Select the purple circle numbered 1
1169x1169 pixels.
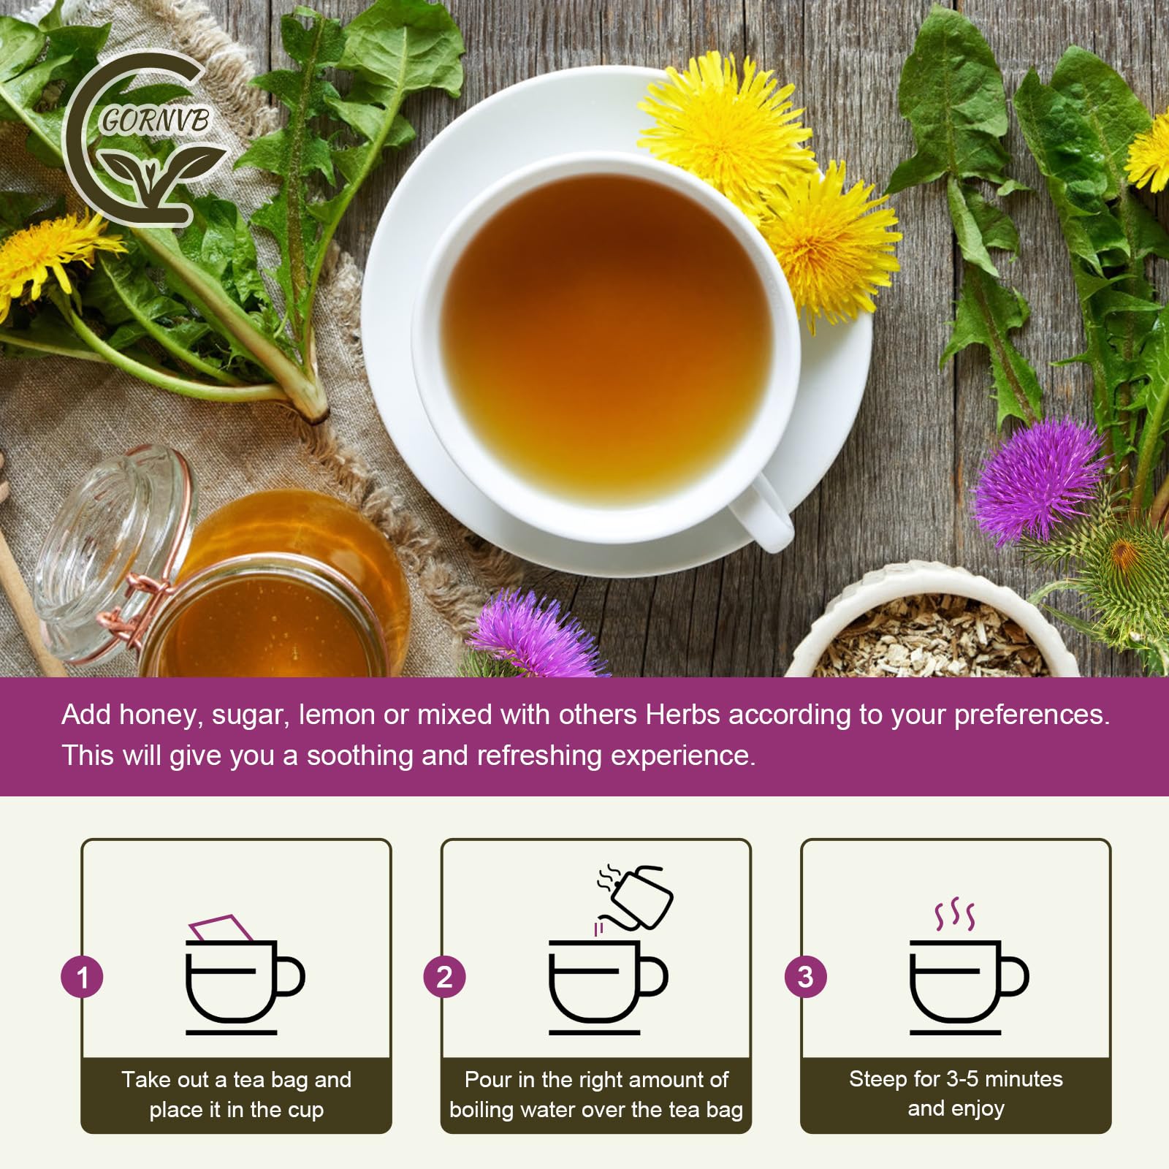pyautogui.click(x=82, y=977)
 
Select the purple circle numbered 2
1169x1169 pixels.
pyautogui.click(x=443, y=977)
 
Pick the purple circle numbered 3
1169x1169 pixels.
pyautogui.click(x=805, y=977)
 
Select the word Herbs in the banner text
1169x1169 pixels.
pyautogui.click(x=682, y=715)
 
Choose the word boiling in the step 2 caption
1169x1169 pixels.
pyautogui.click(x=482, y=1109)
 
